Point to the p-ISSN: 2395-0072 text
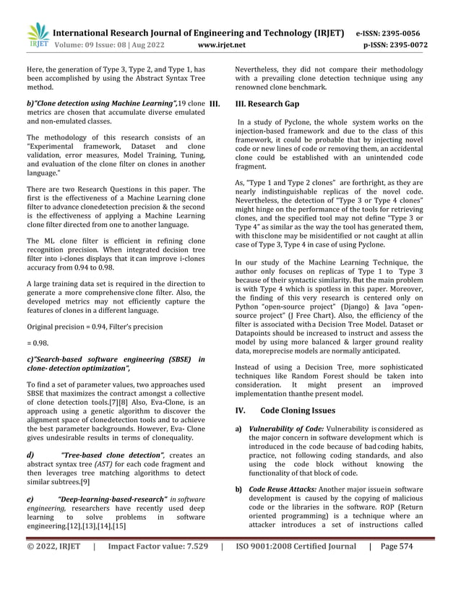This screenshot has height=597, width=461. click(392, 44)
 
